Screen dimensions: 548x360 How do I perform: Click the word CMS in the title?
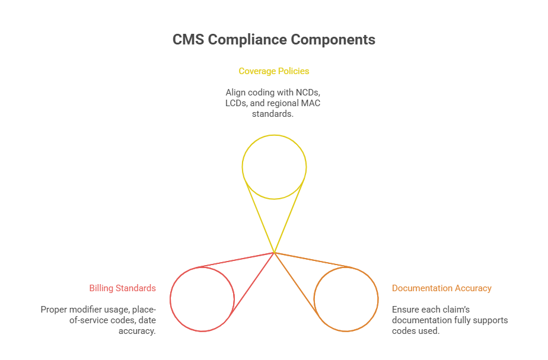click(x=187, y=40)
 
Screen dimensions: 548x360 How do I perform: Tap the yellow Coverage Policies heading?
click(x=274, y=71)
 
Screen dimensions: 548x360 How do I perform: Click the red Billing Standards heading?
click(x=123, y=288)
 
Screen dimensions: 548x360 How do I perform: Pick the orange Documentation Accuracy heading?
click(x=442, y=288)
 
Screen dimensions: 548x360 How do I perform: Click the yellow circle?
click(x=274, y=167)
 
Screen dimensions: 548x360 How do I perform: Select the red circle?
click(x=202, y=299)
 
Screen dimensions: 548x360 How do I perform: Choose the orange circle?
click(x=346, y=299)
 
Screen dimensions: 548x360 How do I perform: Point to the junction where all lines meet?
click(x=274, y=253)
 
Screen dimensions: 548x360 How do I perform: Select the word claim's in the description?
click(x=455, y=310)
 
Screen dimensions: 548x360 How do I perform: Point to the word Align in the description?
click(x=236, y=93)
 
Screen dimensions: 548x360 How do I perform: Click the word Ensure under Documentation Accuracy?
click(x=406, y=310)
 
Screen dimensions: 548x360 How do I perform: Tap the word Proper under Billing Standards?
click(x=54, y=310)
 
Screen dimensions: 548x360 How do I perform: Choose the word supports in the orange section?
click(x=491, y=320)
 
